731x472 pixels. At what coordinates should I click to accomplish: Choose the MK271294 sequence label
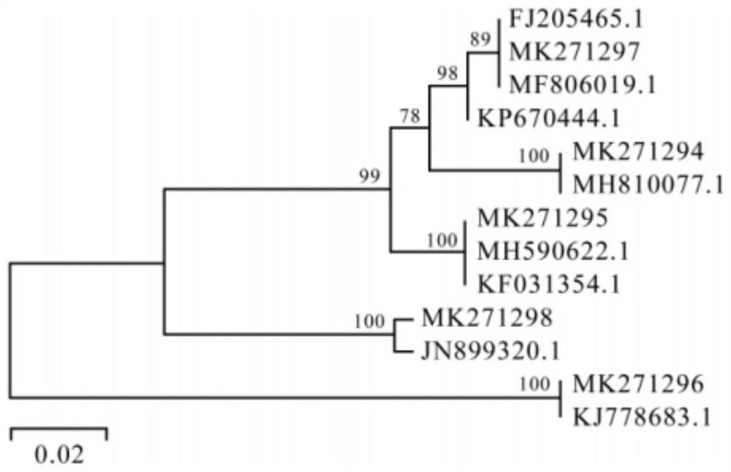coord(638,151)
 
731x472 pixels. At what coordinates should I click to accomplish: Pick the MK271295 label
coord(542,217)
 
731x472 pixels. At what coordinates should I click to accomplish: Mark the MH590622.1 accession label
coord(553,251)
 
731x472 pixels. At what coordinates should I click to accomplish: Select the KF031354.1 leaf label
coord(549,284)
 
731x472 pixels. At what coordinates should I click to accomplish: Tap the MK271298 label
coord(487,318)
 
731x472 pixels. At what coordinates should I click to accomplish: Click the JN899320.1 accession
coord(491,351)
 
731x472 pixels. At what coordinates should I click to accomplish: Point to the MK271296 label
coord(638,383)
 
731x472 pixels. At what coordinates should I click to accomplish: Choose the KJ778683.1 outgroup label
coord(642,416)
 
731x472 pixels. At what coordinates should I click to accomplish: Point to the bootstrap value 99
coord(370,175)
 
